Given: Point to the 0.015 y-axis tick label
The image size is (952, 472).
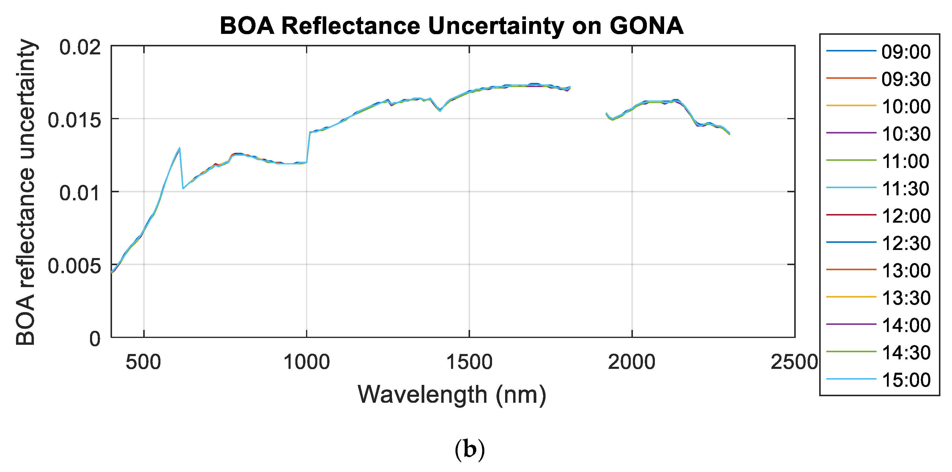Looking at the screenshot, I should click(x=74, y=120).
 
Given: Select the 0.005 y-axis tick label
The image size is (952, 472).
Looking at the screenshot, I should click(x=74, y=266).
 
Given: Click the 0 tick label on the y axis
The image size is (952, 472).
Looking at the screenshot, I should click(x=95, y=339).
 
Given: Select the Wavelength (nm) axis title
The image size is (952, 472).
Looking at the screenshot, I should click(x=452, y=395).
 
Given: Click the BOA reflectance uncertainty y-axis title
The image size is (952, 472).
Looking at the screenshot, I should click(x=26, y=192).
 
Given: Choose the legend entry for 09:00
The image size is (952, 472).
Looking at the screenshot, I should click(x=905, y=52).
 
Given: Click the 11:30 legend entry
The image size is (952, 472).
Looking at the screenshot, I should click(x=905, y=188).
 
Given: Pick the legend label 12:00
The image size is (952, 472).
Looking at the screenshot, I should click(x=905, y=216).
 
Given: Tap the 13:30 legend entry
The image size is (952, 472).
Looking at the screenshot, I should click(x=905, y=298).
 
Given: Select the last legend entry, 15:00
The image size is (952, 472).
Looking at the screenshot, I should click(x=905, y=380).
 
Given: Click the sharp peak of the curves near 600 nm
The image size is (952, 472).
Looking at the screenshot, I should click(x=179, y=149).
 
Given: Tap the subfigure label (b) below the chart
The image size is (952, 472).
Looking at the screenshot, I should click(x=469, y=449).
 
